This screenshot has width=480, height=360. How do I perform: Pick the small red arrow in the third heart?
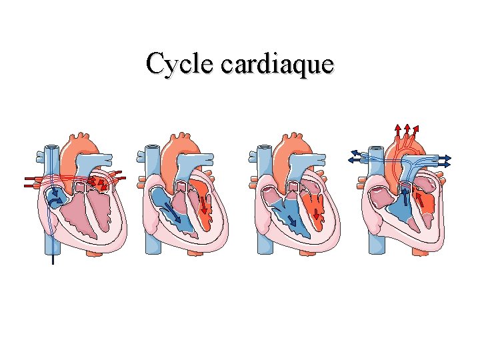316,213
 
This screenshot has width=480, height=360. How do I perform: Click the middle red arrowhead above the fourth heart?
407,126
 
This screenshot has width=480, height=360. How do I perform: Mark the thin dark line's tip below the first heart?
51,263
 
